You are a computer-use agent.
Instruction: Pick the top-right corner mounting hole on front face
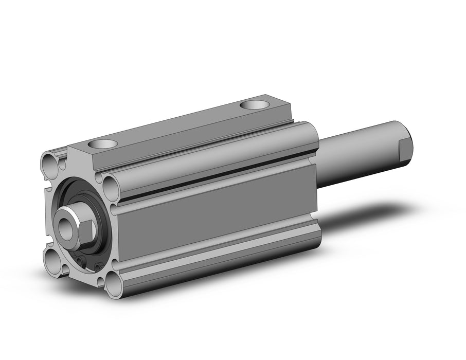point(110,183)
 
